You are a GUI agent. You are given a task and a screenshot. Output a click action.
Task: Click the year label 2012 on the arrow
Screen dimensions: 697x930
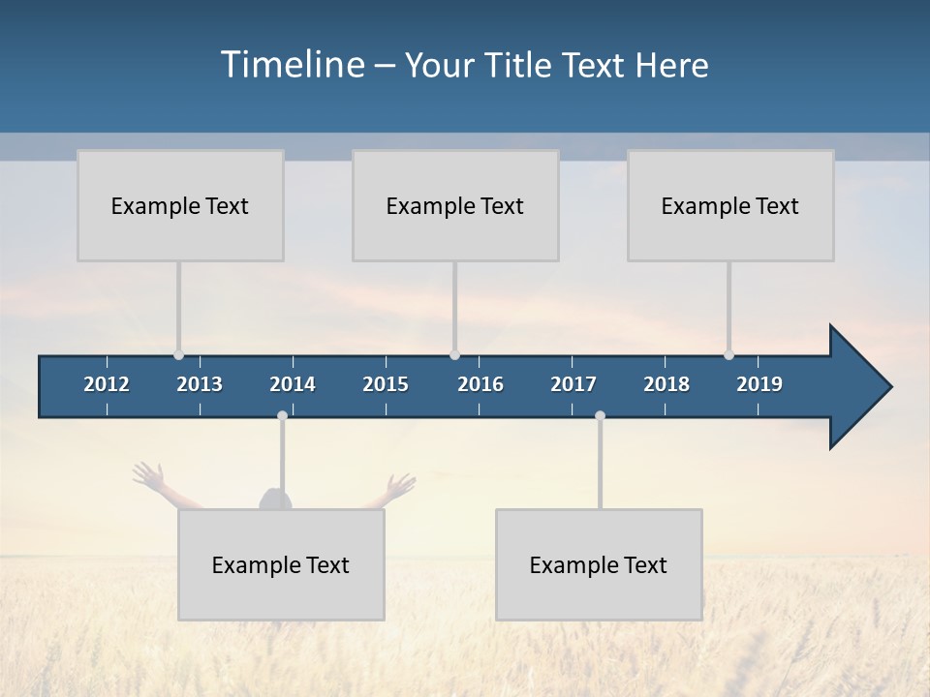pos(107,384)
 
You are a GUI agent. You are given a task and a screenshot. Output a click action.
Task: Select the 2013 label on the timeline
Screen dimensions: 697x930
pos(200,384)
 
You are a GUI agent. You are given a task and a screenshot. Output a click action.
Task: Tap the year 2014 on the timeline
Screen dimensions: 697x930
pos(293,384)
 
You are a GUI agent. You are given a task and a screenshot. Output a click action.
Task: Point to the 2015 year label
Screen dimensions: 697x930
pos(386,384)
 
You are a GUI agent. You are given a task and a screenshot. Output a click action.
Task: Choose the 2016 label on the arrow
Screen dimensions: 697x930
pos(480,384)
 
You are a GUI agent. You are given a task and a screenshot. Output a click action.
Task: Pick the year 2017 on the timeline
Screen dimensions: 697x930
pos(573,384)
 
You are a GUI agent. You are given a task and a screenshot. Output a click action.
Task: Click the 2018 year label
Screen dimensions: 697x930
pos(666,384)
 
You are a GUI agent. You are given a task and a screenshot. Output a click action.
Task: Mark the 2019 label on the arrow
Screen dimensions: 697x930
pos(759,384)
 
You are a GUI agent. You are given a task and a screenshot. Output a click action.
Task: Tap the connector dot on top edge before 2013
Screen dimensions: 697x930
pos(178,355)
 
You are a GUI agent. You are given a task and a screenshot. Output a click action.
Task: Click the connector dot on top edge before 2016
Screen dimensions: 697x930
pos(454,355)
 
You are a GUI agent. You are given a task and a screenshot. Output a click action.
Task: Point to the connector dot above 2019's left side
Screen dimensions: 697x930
pos(728,355)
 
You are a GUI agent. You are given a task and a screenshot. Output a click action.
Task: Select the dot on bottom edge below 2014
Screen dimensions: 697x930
pos(282,416)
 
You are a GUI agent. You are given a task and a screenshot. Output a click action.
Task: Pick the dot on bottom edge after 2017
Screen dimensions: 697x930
pos(600,416)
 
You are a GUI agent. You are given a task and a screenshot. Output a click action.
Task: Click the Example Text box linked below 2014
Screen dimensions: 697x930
pos(281,564)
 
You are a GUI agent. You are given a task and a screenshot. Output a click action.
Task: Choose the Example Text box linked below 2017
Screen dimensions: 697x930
pos(599,564)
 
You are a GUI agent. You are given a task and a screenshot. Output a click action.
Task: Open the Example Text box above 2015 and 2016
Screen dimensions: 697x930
pos(455,205)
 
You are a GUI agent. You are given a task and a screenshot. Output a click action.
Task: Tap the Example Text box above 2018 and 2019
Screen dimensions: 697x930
pos(730,205)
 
